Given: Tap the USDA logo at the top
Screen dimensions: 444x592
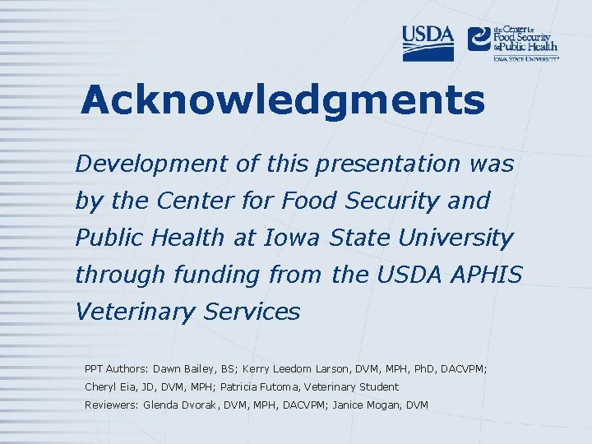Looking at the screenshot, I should [428, 43].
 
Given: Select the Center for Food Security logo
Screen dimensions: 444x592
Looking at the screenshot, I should [512, 42].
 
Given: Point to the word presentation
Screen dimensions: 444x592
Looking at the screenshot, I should [367, 164].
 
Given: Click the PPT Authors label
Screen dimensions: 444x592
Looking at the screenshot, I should [117, 369].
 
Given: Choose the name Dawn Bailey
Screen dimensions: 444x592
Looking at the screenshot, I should [183, 369].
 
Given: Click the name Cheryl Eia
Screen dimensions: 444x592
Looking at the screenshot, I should [110, 386].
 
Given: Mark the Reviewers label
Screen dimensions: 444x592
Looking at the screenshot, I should [111, 405].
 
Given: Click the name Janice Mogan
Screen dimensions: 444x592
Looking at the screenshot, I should [365, 405].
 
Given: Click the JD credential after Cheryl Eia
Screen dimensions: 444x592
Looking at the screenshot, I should [148, 386].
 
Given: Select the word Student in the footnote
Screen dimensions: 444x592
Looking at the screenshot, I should [378, 386].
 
